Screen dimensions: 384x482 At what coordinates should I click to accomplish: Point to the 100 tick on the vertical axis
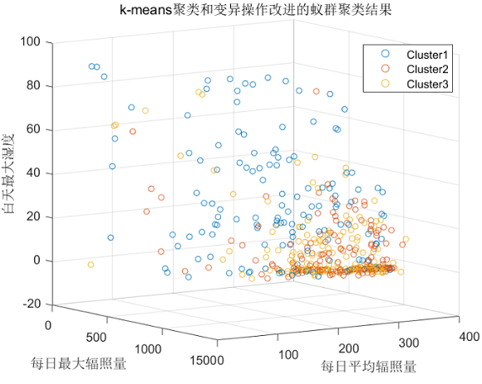coord(31,42)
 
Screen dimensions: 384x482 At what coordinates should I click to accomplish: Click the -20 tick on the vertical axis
coord(31,304)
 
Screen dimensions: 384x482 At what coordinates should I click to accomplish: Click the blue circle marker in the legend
coord(385,54)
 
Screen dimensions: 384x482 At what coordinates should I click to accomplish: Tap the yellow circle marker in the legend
coord(385,84)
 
